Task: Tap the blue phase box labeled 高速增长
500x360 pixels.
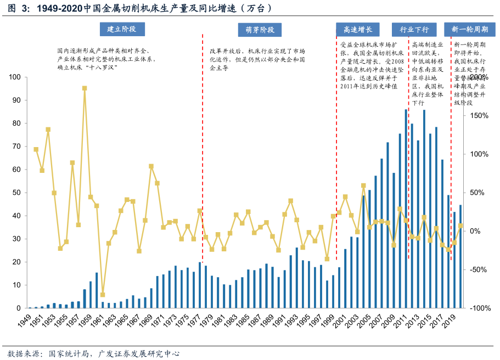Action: click(x=357, y=30)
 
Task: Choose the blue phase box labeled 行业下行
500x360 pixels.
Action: click(x=414, y=30)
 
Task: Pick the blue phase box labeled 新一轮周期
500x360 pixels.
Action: click(x=469, y=30)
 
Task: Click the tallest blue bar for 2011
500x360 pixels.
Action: click(x=406, y=209)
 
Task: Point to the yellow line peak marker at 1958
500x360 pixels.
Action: click(x=85, y=88)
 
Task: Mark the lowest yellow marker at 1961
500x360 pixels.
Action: click(x=103, y=295)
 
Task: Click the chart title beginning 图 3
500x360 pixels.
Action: click(x=137, y=9)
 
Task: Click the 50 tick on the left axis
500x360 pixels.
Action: click(x=16, y=193)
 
